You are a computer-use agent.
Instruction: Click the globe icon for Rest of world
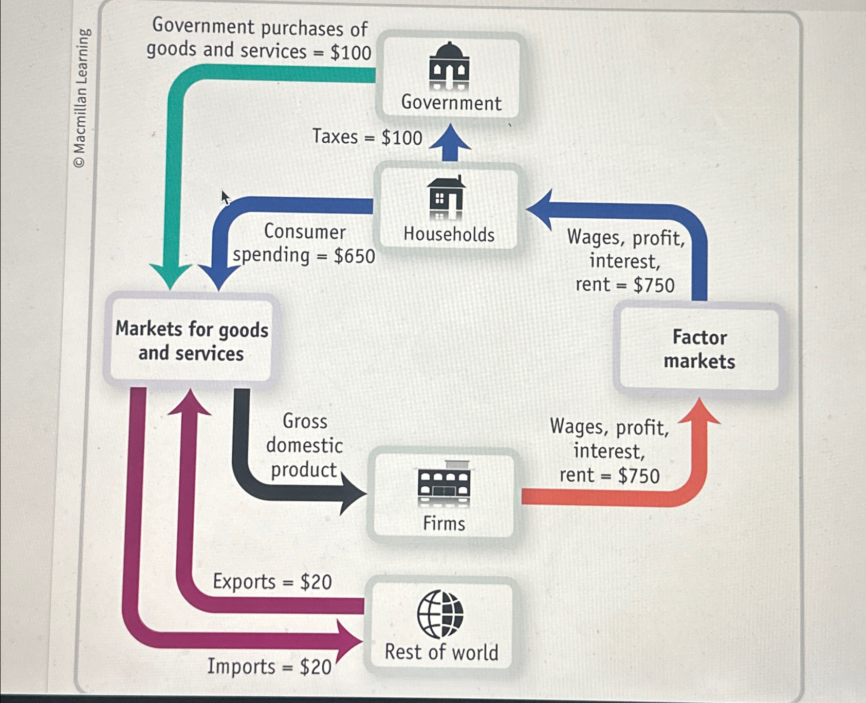tap(440, 614)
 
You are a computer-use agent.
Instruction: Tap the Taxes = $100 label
tap(367, 137)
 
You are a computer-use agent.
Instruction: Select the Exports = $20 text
tap(272, 582)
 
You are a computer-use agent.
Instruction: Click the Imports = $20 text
tap(269, 667)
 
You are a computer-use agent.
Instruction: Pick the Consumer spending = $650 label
tap(304, 243)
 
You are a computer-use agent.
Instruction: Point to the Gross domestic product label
tap(304, 445)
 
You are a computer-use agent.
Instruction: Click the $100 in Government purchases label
tap(351, 52)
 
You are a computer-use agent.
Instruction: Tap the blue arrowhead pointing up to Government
tap(450, 138)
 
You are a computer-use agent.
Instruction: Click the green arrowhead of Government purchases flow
tap(170, 277)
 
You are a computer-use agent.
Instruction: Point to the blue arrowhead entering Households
tap(540, 210)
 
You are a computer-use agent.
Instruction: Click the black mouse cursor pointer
tap(225, 197)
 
